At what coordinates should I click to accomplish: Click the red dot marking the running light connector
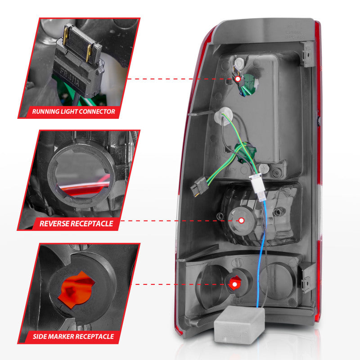[238, 79]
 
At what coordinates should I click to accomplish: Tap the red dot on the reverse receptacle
[241, 220]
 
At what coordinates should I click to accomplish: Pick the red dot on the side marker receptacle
[234, 283]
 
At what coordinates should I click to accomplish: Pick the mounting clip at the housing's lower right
[308, 275]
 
